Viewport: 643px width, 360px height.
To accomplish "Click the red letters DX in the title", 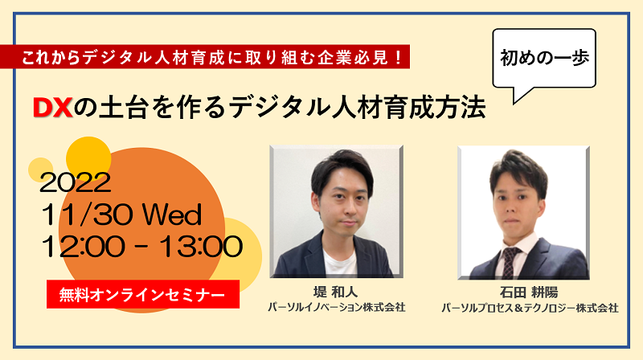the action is (52, 108).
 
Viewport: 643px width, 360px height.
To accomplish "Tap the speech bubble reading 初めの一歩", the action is (544, 58).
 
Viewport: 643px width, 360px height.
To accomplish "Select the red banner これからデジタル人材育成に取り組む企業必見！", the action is (205, 56).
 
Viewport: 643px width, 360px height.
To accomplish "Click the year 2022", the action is (76, 182).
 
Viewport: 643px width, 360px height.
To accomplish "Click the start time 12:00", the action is (83, 247).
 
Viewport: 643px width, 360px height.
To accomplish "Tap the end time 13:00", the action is (200, 247).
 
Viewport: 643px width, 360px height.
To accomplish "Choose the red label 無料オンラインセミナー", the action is (143, 294).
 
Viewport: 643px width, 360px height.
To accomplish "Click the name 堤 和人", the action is (335, 292).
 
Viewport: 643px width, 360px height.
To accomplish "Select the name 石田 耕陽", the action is (529, 292).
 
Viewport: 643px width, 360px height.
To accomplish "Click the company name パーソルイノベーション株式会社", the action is (336, 307).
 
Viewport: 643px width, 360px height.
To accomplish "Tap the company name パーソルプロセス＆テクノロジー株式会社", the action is (530, 308).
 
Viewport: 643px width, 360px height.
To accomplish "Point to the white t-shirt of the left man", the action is (339, 262).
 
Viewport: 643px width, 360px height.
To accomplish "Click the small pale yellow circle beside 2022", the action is (40, 170).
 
